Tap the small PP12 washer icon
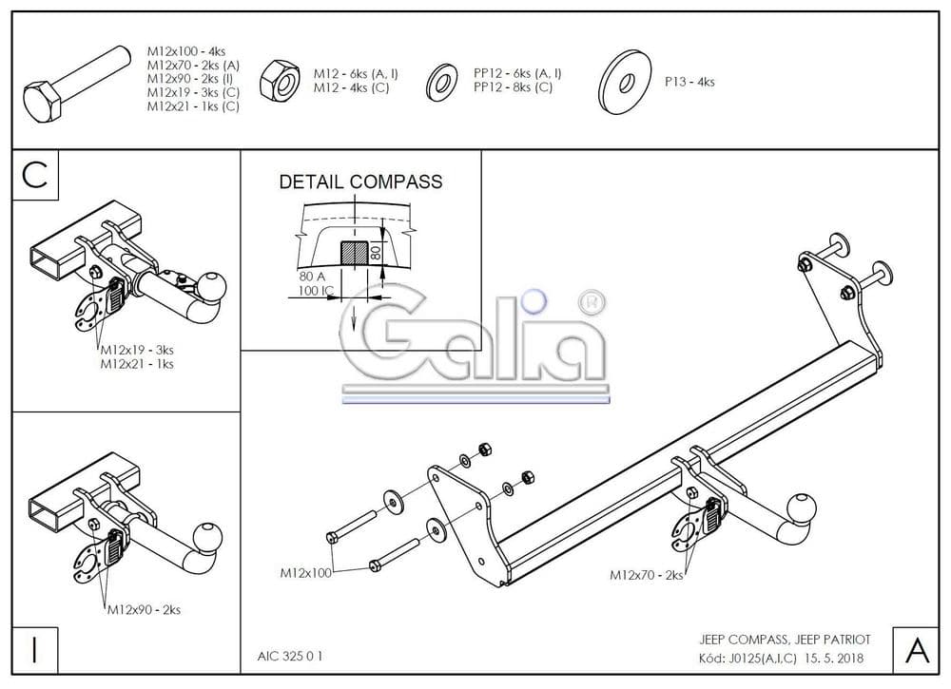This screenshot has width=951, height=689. click(x=442, y=81)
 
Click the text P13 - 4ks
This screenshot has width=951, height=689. click(x=689, y=82)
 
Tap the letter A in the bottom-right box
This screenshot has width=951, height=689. click(x=917, y=650)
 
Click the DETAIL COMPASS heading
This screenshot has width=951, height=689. click(x=360, y=182)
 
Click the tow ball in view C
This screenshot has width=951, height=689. click(x=211, y=285)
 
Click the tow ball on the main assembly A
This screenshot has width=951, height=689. click(x=805, y=507)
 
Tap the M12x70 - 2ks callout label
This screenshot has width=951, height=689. click(x=646, y=575)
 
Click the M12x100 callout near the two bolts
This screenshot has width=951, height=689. click(x=305, y=573)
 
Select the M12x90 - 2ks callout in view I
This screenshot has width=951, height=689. click(x=144, y=609)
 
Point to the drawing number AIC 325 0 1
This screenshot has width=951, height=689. click(x=289, y=655)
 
